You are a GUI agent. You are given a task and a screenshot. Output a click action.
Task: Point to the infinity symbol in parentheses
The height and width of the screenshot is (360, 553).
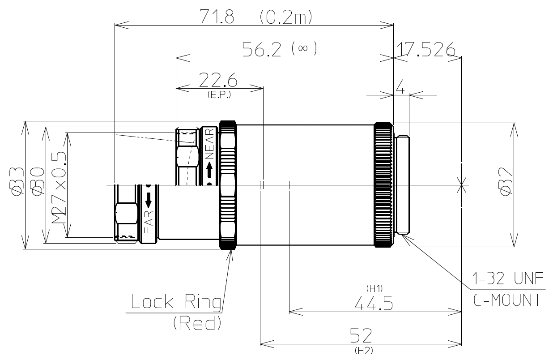click(x=304, y=49)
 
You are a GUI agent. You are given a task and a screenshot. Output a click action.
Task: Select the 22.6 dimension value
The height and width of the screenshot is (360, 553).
click(x=219, y=81)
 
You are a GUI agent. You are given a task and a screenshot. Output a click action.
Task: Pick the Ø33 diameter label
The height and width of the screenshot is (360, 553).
click(x=17, y=181)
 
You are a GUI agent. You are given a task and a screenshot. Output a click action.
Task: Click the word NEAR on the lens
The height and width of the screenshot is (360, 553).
click(x=209, y=144)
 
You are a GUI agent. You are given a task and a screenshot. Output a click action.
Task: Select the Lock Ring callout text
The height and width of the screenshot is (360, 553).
click(x=176, y=303)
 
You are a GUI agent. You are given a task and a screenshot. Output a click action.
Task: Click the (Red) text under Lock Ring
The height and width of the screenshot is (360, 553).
click(x=197, y=323)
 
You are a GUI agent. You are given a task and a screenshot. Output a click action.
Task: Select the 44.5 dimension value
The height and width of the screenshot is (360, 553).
click(x=374, y=304)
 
